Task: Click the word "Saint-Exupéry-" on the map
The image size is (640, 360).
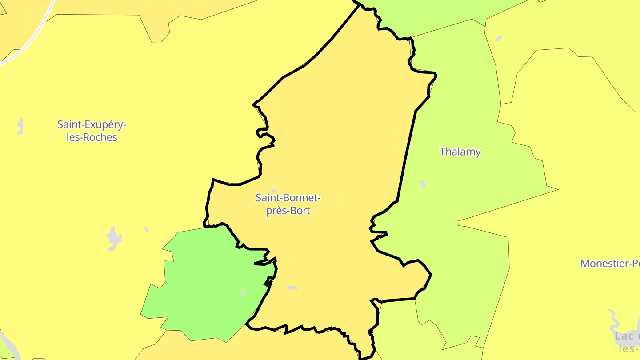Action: pyautogui.click(x=92, y=125)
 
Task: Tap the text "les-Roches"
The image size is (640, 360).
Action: pyautogui.click(x=92, y=137)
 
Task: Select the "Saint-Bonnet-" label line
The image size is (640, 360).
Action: pyautogui.click(x=288, y=197)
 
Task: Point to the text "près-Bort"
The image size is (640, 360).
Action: pyautogui.click(x=288, y=210)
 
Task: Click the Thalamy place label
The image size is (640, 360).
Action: pyautogui.click(x=460, y=152)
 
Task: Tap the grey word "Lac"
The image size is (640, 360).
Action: pyautogui.click(x=624, y=336)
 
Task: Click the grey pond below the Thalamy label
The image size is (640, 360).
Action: pyautogui.click(x=422, y=183)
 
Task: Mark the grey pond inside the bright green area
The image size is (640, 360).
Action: pyautogui.click(x=243, y=293)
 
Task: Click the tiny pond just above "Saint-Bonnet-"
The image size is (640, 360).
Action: pyautogui.click(x=273, y=191)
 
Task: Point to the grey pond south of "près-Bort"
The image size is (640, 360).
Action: pyautogui.click(x=292, y=288)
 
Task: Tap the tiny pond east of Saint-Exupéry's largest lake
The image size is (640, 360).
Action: pyautogui.click(x=146, y=229)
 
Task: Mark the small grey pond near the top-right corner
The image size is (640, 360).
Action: pyautogui.click(x=499, y=39)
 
